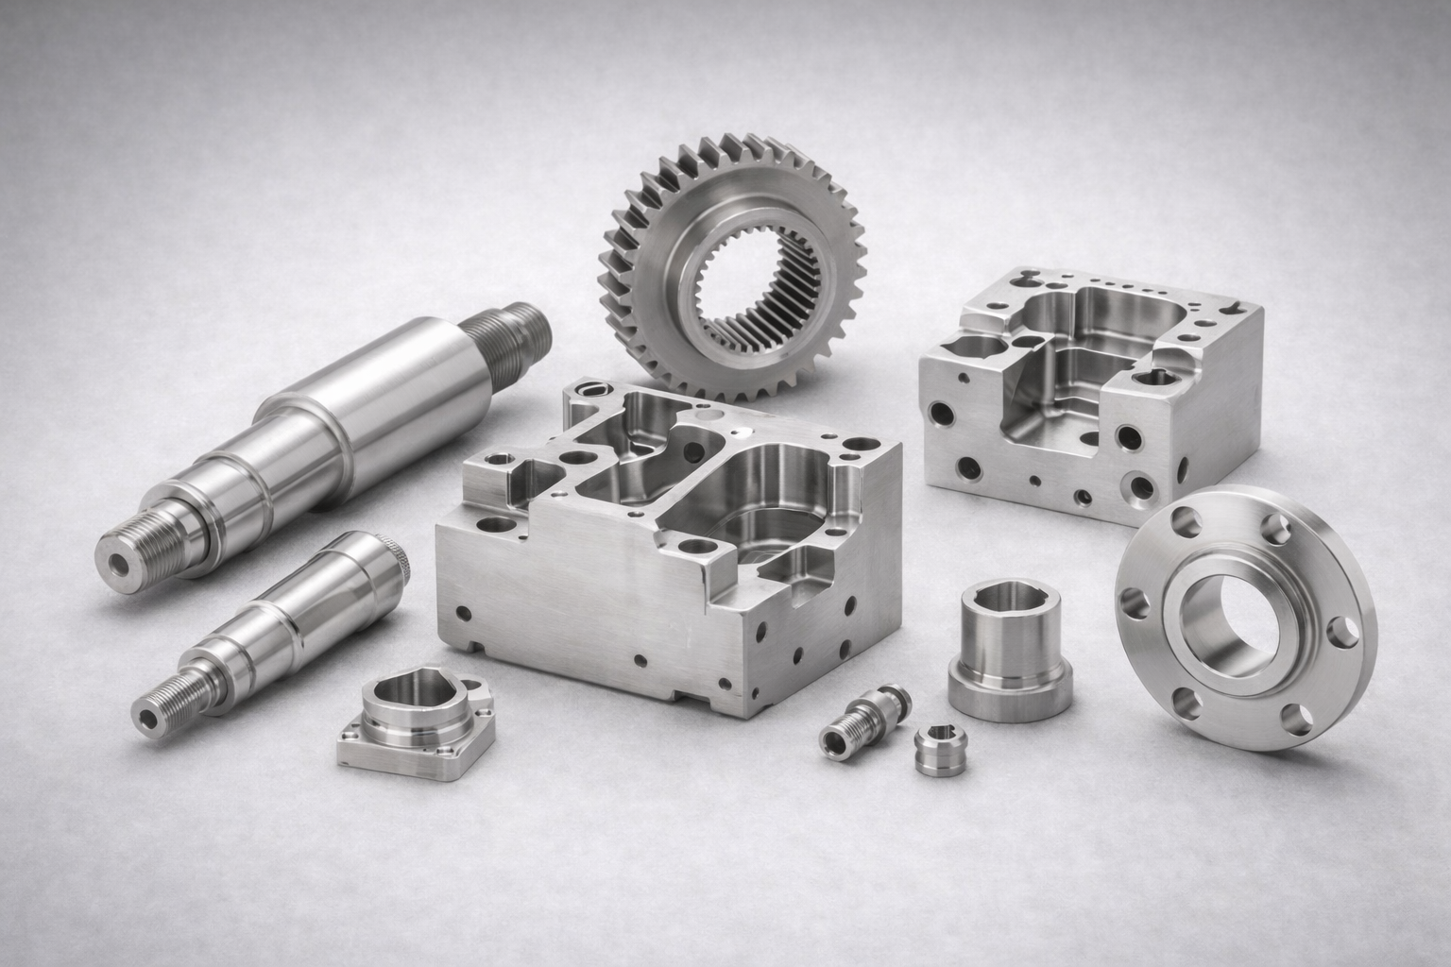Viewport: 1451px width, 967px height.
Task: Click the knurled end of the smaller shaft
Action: [397, 562]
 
